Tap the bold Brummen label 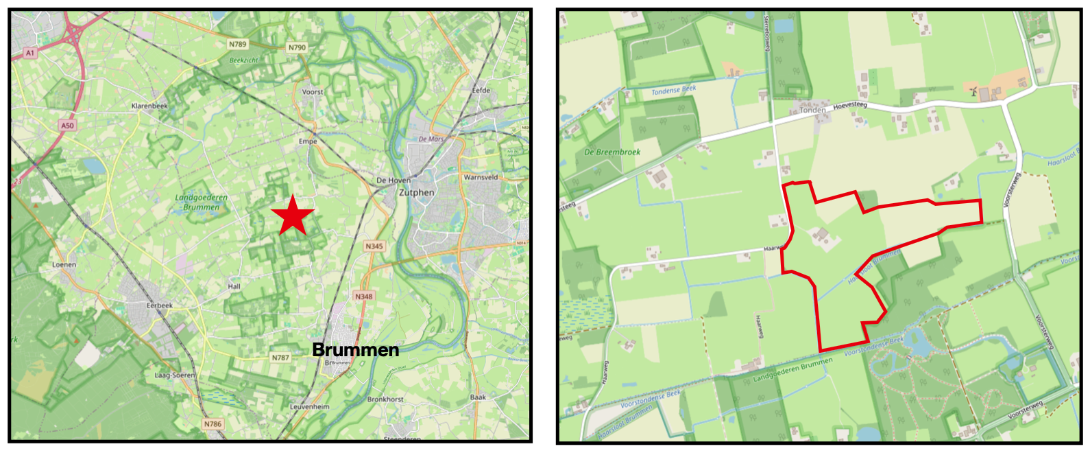(x=355, y=350)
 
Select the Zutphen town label (x=417, y=193)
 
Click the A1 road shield (x=29, y=53)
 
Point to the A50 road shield (x=66, y=126)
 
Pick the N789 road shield (x=237, y=44)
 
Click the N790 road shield (x=297, y=47)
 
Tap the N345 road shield (x=374, y=246)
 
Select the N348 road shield (x=363, y=297)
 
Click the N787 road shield (x=280, y=358)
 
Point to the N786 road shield (x=213, y=424)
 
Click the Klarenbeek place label (x=149, y=106)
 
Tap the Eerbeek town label (x=160, y=305)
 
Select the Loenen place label (x=64, y=264)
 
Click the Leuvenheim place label (x=309, y=406)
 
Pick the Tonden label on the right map (x=812, y=111)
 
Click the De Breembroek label (x=612, y=152)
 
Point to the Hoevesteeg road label (x=850, y=106)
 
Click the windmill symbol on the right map (x=973, y=90)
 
